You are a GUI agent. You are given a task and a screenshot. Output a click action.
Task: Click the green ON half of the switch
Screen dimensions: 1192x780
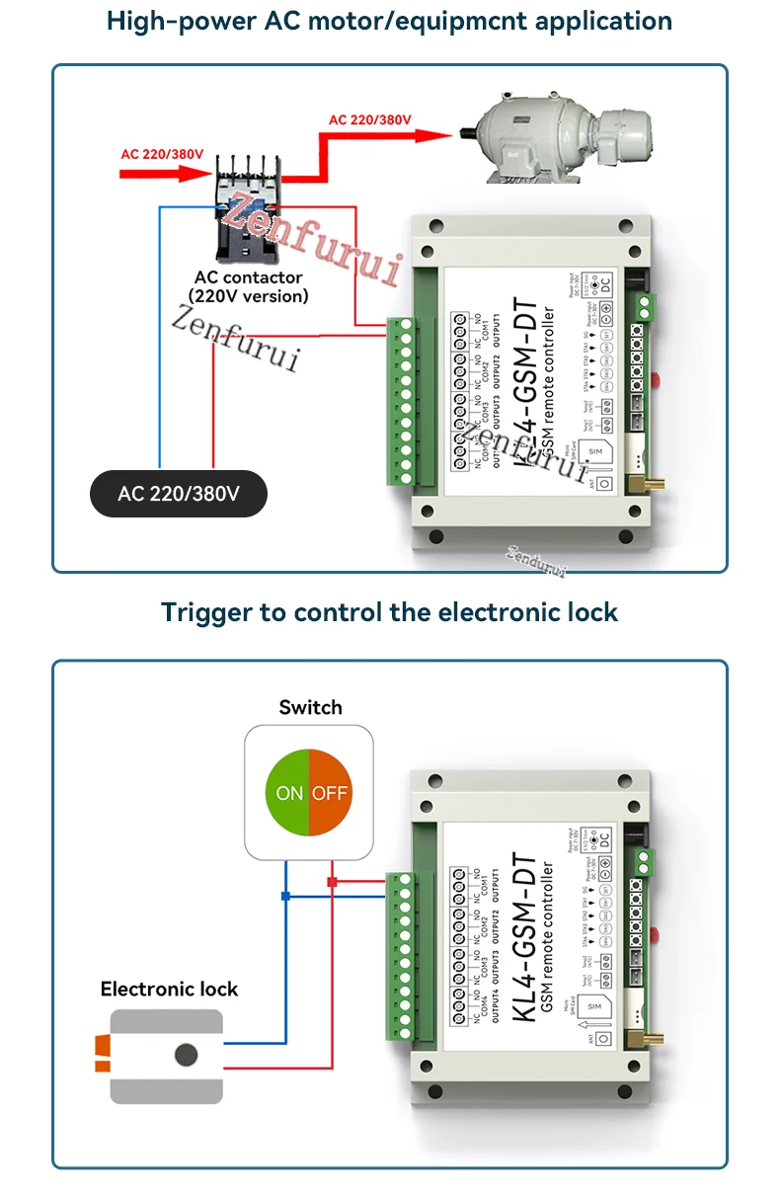tap(288, 793)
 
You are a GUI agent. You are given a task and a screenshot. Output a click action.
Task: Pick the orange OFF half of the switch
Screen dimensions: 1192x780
tap(331, 793)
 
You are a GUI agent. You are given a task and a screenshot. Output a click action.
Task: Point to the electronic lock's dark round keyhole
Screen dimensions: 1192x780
tap(186, 1055)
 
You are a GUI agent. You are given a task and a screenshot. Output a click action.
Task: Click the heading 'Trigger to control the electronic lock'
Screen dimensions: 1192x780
tap(390, 612)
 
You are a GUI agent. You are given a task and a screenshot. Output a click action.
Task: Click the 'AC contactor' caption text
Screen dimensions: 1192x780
tap(248, 278)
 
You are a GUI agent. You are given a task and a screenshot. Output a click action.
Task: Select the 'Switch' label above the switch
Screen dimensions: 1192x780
tap(310, 707)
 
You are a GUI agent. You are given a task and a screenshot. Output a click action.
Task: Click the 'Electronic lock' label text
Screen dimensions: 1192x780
tap(169, 989)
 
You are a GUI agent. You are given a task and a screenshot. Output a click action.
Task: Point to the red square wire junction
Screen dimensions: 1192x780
tap(333, 881)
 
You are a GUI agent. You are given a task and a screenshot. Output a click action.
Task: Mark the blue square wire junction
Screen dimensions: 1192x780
tap(285, 897)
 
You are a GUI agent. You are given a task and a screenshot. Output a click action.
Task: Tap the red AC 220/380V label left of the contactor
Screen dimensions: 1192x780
tap(162, 154)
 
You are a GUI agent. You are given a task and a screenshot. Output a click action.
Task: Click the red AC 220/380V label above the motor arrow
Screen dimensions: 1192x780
tap(369, 119)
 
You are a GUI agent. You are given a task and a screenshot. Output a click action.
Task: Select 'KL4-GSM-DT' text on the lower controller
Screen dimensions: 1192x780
tap(526, 939)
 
